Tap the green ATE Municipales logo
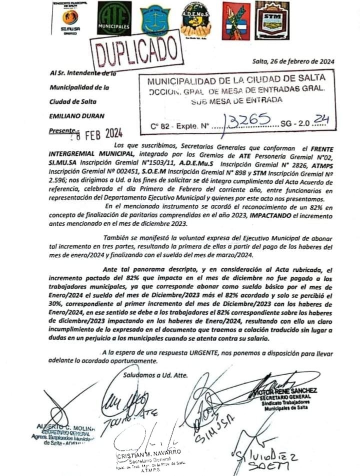[x=114, y=18]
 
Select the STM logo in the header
[x=272, y=20]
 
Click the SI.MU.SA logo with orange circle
[x=69, y=18]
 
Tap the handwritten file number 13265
[x=248, y=120]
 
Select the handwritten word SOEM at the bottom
[x=270, y=466]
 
